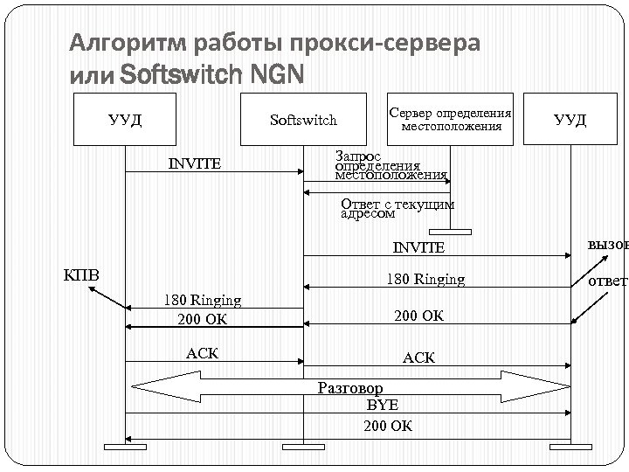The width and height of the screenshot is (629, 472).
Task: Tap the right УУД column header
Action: coord(570,119)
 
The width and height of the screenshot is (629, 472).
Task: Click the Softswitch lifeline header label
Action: coord(304,120)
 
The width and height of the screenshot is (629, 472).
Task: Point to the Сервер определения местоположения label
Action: coord(451,120)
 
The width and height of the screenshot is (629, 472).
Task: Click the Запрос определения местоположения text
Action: coord(391,164)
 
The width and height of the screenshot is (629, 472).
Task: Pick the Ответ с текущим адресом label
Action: coord(397,208)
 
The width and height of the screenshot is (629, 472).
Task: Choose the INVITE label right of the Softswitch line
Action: coord(418,247)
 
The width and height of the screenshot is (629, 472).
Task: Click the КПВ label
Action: coord(83,276)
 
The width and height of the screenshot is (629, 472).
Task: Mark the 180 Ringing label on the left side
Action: coord(203,301)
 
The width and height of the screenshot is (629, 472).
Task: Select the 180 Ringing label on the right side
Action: coord(425,280)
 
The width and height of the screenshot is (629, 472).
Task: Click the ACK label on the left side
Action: coord(203,352)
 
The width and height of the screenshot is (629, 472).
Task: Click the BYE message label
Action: coord(382,406)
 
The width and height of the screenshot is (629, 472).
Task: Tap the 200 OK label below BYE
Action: coord(388,426)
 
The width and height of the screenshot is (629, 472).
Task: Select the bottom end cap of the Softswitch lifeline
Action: coord(304,448)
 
